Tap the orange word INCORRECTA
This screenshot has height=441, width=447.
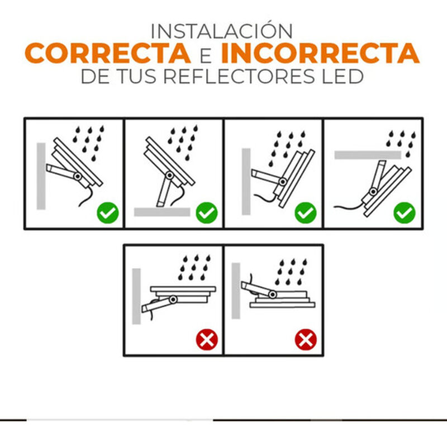coord(320,54)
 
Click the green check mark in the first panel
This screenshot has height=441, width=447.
coord(107,212)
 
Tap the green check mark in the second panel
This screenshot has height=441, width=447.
coord(207,212)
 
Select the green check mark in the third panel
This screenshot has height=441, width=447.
coord(306,212)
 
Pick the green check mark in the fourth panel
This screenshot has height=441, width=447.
coord(404,212)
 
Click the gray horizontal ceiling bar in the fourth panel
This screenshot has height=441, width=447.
coord(367,155)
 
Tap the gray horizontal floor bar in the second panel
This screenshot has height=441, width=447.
coord(163,212)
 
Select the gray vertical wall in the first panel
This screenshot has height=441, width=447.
coord(41,176)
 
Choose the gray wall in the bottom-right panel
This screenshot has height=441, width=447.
coord(236,291)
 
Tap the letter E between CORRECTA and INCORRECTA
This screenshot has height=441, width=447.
coord(205,55)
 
